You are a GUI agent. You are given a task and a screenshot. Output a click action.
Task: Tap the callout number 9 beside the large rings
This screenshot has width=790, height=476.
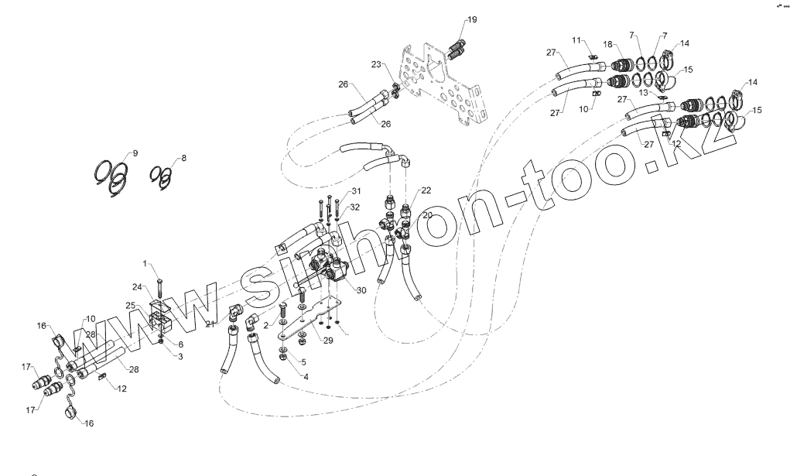[x=135, y=153]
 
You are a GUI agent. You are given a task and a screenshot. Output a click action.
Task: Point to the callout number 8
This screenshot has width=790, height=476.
[x=183, y=159]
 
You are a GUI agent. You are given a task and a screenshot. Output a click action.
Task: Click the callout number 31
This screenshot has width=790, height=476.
[x=355, y=191]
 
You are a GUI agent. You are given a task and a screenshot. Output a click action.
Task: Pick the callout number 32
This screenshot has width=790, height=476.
[x=355, y=207]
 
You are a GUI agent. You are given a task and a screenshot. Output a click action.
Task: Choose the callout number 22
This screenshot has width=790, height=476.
[x=426, y=190]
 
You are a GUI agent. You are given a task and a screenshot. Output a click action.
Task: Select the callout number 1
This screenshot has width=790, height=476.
[x=144, y=265]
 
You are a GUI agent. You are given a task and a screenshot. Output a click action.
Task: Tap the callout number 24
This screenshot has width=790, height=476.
[x=136, y=287]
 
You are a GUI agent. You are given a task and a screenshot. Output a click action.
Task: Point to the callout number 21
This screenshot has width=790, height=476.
[x=210, y=324]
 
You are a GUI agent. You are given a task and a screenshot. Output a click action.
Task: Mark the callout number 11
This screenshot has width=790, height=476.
[x=576, y=39]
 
